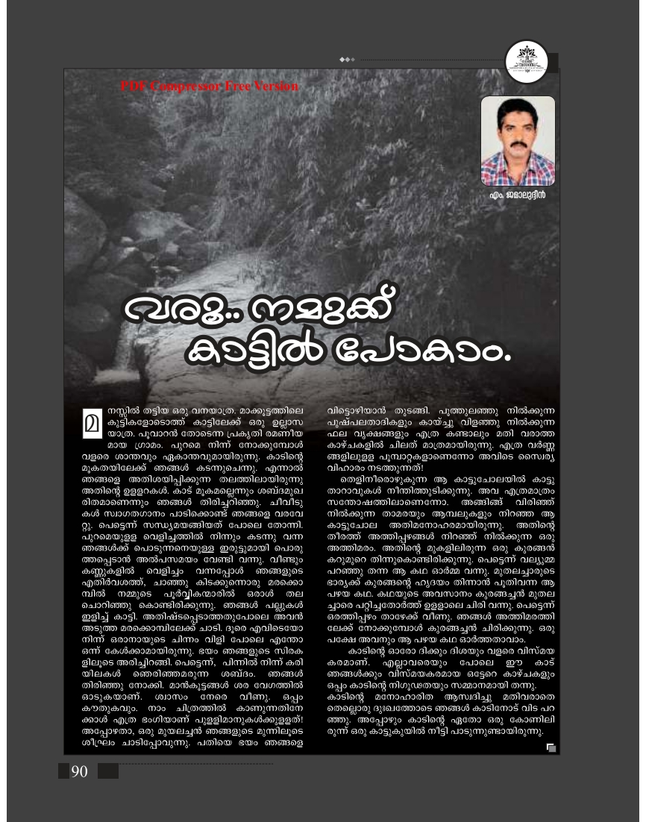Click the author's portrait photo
coord(517,141)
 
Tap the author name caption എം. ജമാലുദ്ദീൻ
coord(518,196)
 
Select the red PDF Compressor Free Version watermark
coord(208,87)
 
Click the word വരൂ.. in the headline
coord(167,307)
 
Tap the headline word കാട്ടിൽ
coord(239,351)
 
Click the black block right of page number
coord(107,771)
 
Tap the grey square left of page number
coord(63,771)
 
